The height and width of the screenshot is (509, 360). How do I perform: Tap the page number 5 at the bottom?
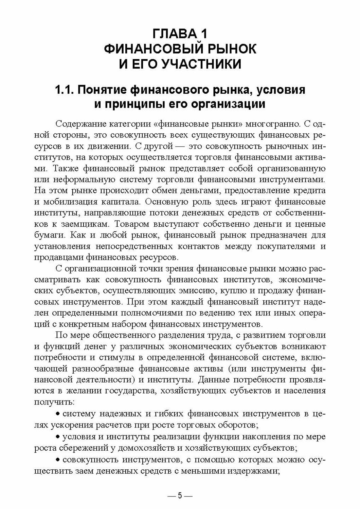click(x=180, y=496)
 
